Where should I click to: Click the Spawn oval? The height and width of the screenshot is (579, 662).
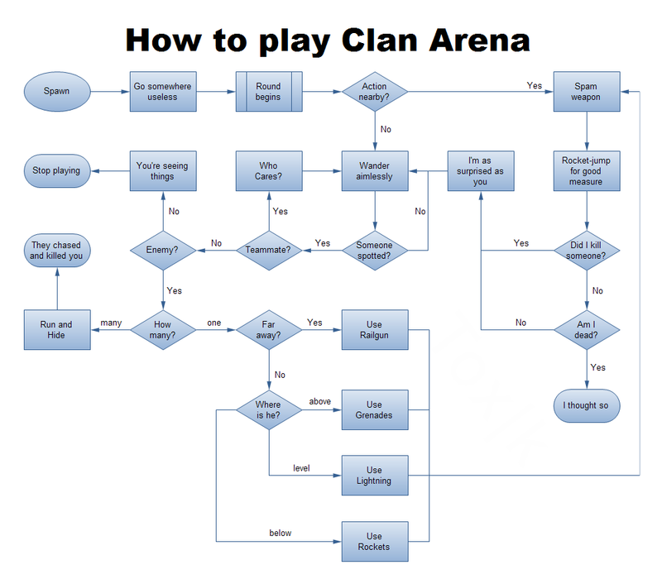point(57,91)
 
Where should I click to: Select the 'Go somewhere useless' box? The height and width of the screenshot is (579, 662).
point(163,91)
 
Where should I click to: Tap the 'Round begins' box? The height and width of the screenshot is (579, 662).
point(269,91)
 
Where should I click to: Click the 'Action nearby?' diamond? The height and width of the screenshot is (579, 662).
point(375,91)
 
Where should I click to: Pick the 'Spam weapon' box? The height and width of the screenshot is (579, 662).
point(586,91)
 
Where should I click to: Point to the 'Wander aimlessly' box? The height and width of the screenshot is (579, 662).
point(375,171)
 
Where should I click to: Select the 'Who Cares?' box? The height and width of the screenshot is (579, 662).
point(269,171)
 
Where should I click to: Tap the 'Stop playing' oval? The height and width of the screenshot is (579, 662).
point(57,171)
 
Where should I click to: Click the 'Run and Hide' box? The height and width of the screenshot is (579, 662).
point(57,330)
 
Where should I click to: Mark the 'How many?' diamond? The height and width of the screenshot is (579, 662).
point(163,330)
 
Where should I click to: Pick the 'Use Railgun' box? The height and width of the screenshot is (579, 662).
point(375,330)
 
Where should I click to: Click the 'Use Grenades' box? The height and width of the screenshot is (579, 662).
point(375,409)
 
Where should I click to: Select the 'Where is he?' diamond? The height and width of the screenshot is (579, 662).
point(269,409)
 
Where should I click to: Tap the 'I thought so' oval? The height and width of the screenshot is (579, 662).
point(586,406)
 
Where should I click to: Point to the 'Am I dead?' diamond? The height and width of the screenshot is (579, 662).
point(586,330)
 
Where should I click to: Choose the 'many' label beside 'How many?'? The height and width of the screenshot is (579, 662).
point(112,323)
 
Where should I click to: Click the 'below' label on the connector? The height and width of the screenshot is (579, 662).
point(281,534)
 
